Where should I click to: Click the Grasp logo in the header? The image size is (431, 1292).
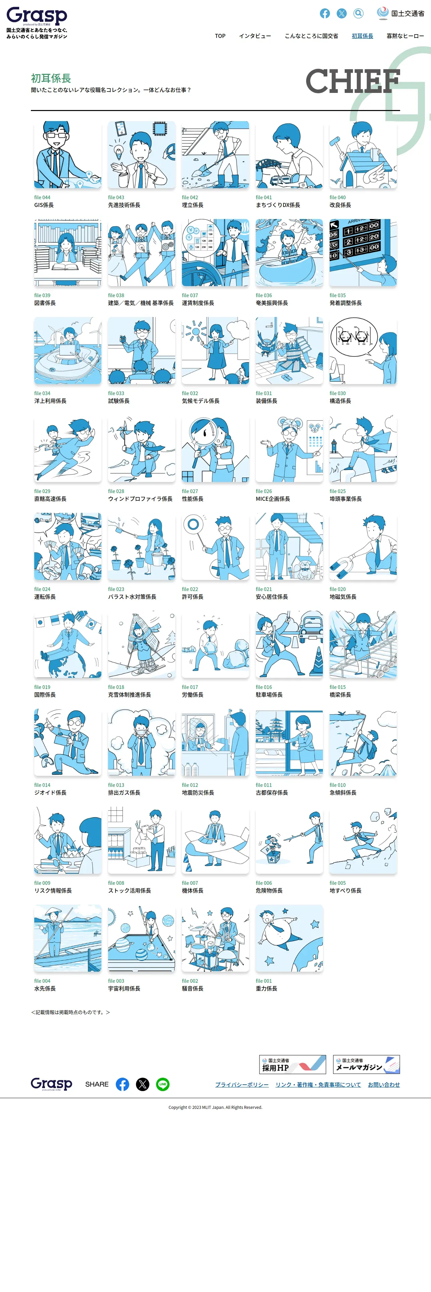(x=37, y=16)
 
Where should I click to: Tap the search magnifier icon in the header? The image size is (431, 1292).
(x=358, y=13)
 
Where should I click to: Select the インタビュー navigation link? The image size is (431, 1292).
(x=255, y=36)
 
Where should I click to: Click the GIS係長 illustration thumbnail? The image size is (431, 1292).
(x=68, y=155)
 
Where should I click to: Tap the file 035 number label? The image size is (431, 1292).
(x=338, y=295)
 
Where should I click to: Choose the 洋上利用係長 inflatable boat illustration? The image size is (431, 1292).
(x=68, y=350)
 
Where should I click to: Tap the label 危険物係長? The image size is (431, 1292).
(x=269, y=891)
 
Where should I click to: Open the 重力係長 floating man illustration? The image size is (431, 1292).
(x=289, y=938)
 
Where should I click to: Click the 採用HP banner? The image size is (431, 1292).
(x=292, y=1064)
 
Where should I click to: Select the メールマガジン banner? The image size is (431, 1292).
(x=366, y=1064)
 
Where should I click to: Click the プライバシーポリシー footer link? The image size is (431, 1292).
(x=242, y=1084)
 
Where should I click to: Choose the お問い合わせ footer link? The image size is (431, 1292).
(x=384, y=1084)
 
